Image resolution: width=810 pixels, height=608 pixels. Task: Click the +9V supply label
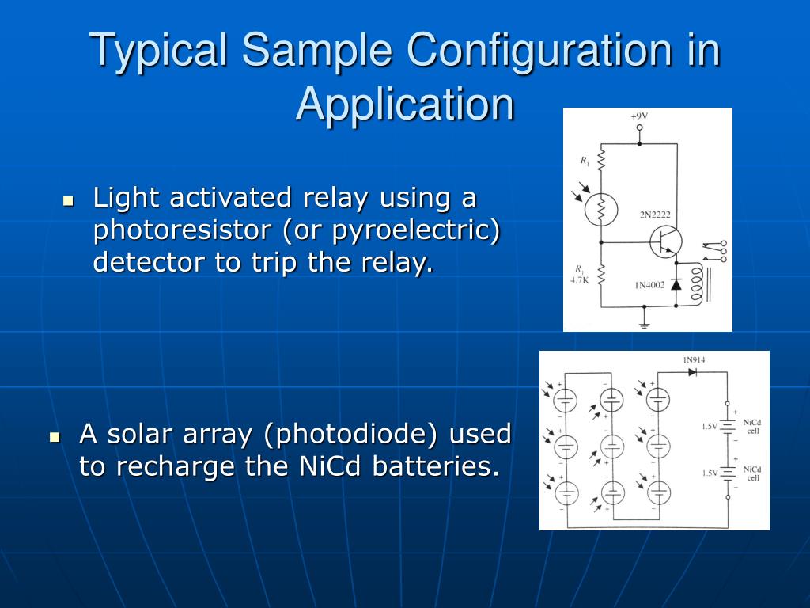[x=639, y=116]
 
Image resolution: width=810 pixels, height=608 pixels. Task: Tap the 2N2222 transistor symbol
[x=664, y=242]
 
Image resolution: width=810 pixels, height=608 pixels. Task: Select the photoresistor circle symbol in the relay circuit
[x=600, y=209]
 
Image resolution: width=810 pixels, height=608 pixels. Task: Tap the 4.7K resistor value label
[x=580, y=279]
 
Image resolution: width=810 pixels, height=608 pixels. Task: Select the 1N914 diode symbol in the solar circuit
[x=694, y=372]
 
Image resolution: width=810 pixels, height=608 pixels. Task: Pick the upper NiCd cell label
[x=753, y=427]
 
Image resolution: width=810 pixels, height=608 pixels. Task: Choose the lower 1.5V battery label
[x=710, y=473]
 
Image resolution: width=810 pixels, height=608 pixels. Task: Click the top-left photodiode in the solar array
[x=566, y=397]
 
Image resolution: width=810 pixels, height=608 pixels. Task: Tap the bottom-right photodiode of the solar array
[x=658, y=492]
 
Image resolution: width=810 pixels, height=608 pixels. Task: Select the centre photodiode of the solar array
[x=613, y=446]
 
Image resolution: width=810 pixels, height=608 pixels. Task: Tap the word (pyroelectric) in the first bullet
[x=416, y=230]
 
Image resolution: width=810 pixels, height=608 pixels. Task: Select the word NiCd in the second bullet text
[x=332, y=466]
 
